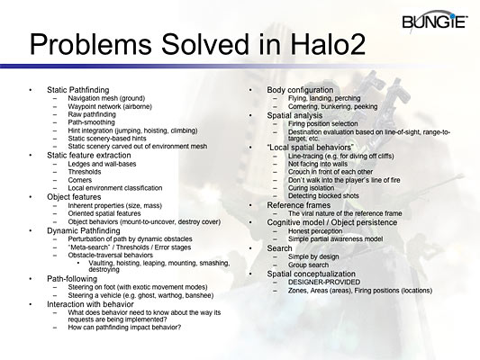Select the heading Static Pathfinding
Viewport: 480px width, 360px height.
77,91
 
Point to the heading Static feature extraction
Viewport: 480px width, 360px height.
89,154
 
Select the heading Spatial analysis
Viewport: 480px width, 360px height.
297,115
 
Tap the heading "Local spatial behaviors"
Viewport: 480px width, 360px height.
311,148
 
